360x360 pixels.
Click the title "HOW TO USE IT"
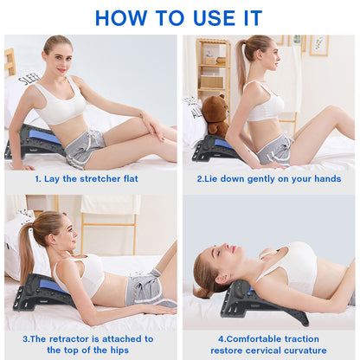click(x=180, y=16)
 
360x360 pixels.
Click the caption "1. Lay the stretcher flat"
click(x=87, y=178)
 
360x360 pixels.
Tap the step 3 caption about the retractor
click(x=87, y=344)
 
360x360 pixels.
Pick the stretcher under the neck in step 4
click(x=260, y=303)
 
